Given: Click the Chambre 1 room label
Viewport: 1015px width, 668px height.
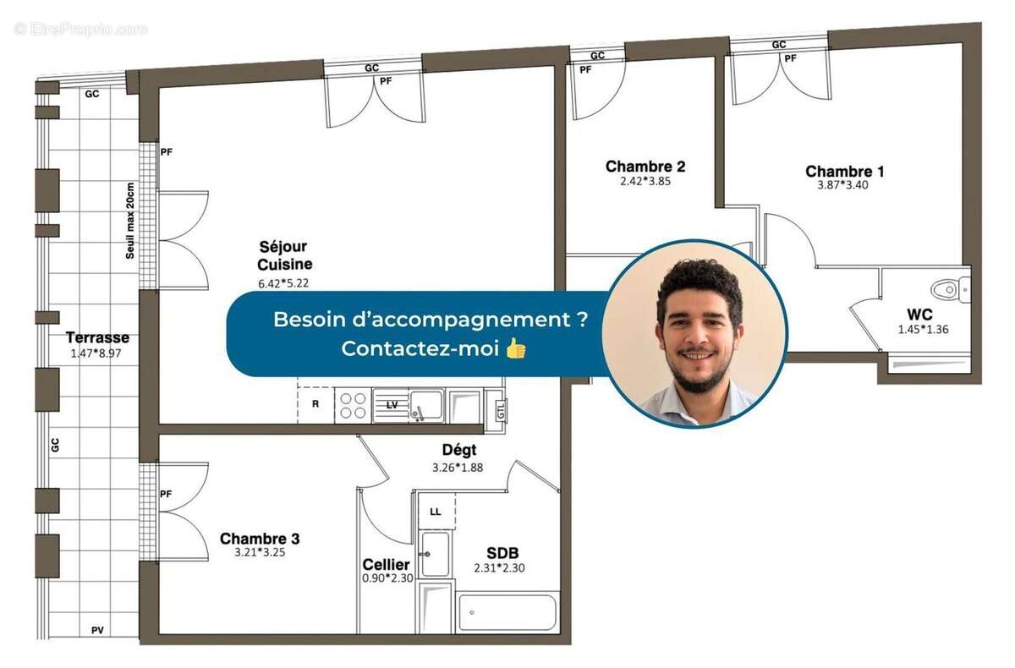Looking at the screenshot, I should [844, 172].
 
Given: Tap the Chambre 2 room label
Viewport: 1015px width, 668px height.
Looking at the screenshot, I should [645, 167].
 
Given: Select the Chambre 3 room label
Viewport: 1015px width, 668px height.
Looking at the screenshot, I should [259, 539].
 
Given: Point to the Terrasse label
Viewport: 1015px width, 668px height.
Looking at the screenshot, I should [97, 338].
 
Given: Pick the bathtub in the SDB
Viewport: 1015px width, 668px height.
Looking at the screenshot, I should [507, 613].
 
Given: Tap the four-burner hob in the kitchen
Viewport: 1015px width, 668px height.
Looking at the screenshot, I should [352, 405].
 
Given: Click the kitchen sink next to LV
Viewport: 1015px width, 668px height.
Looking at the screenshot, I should [424, 405].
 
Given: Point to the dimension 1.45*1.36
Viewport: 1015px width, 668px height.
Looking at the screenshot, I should [923, 329].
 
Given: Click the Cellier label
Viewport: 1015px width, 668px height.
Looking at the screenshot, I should [386, 564].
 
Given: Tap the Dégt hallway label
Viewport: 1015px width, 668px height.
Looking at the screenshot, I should [458, 450].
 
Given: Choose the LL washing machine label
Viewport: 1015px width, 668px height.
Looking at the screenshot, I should [435, 512].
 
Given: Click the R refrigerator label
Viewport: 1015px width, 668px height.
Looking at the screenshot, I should [315, 404].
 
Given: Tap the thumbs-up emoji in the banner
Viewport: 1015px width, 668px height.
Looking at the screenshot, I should [515, 348].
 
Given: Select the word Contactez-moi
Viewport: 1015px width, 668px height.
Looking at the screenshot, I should [420, 348].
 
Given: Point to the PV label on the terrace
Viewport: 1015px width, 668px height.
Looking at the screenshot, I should [98, 630].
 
